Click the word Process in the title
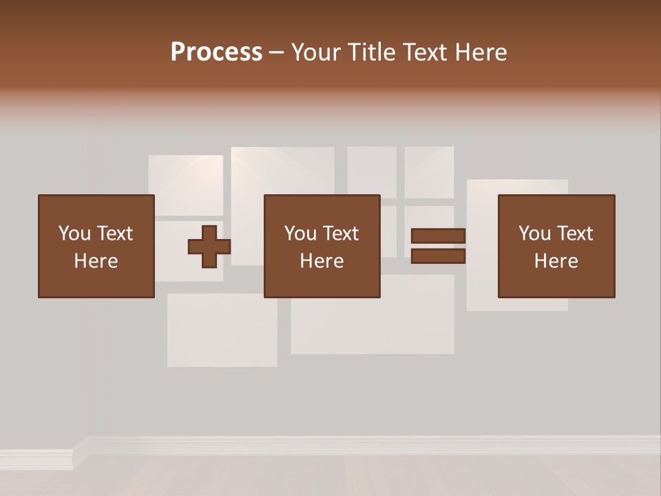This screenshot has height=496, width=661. tap(216, 52)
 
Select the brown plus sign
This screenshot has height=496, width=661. tap(209, 246)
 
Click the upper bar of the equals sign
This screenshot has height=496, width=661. tap(438, 236)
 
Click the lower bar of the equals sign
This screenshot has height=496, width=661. tap(438, 256)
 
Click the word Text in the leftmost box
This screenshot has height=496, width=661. tap(115, 234)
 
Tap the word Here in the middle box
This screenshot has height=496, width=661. tap(322, 261)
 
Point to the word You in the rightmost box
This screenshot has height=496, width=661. tap(534, 234)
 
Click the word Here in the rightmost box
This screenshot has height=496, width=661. tap(556, 261)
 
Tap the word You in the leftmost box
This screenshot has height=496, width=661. tap(74, 234)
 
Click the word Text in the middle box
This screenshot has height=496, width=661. tap(341, 234)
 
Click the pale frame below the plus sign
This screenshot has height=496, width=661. tap(222, 330)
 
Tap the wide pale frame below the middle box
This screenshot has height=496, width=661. tap(372, 324)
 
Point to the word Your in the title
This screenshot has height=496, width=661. tap(317, 52)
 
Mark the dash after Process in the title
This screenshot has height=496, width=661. tap(277, 53)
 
